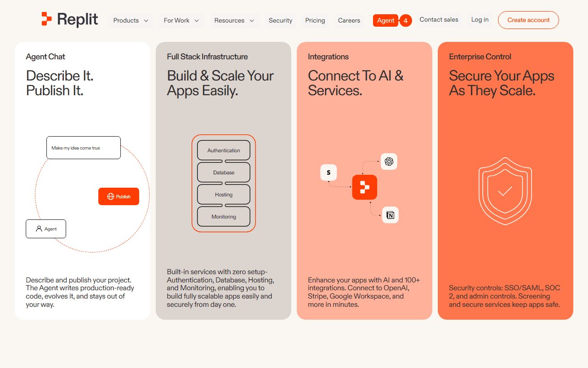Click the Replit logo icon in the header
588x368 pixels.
point(46,19)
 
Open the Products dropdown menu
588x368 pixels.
point(131,21)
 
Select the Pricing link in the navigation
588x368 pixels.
point(315,21)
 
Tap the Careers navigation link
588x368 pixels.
point(349,21)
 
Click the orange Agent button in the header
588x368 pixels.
point(385,21)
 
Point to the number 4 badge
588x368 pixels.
point(406,21)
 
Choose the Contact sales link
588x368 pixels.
point(439,20)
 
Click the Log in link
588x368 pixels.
point(480,20)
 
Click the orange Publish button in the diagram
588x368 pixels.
point(119,196)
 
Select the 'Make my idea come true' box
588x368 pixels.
point(84,148)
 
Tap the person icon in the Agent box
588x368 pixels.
point(39,229)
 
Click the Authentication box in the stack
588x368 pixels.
point(224,150)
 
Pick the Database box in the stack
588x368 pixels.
point(224,172)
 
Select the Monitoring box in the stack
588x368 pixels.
point(224,217)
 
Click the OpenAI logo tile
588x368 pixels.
point(389,161)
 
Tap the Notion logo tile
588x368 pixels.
point(390,215)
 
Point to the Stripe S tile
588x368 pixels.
point(328,172)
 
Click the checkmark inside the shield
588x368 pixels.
point(505,191)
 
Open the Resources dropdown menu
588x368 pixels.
point(234,21)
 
